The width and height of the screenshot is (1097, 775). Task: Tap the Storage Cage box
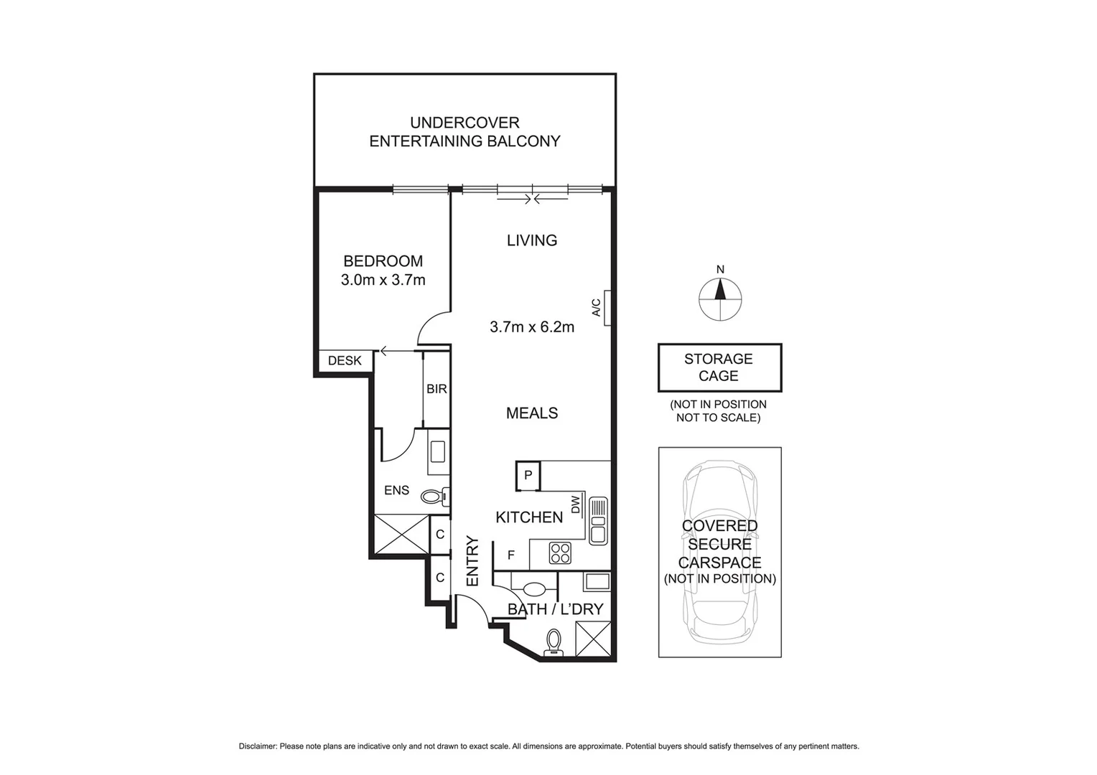tap(719, 367)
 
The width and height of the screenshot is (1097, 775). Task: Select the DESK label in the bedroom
tap(345, 361)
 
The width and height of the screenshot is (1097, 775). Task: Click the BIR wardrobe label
tap(437, 389)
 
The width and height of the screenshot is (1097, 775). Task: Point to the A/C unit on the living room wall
tap(607, 308)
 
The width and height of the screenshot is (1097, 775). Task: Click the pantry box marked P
tap(528, 475)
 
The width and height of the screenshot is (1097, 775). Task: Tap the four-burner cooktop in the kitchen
tap(560, 553)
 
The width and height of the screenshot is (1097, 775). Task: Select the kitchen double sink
tap(598, 521)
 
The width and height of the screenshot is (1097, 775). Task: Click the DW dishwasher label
tap(576, 506)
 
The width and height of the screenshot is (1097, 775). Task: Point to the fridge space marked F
tap(511, 555)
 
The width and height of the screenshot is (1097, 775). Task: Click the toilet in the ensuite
tap(433, 496)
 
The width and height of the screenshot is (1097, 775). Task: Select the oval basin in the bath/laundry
tap(535, 589)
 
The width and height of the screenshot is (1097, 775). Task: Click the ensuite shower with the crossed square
tap(401, 535)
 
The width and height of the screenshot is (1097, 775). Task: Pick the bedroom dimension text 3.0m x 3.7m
tap(383, 280)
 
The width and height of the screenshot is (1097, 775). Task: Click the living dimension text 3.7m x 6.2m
tap(532, 327)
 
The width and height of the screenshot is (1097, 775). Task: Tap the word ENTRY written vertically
tap(472, 561)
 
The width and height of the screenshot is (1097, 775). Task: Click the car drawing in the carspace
tap(719, 553)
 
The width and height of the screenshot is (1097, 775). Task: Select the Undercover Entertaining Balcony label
tap(465, 132)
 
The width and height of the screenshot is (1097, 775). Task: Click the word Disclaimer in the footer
tap(258, 746)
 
